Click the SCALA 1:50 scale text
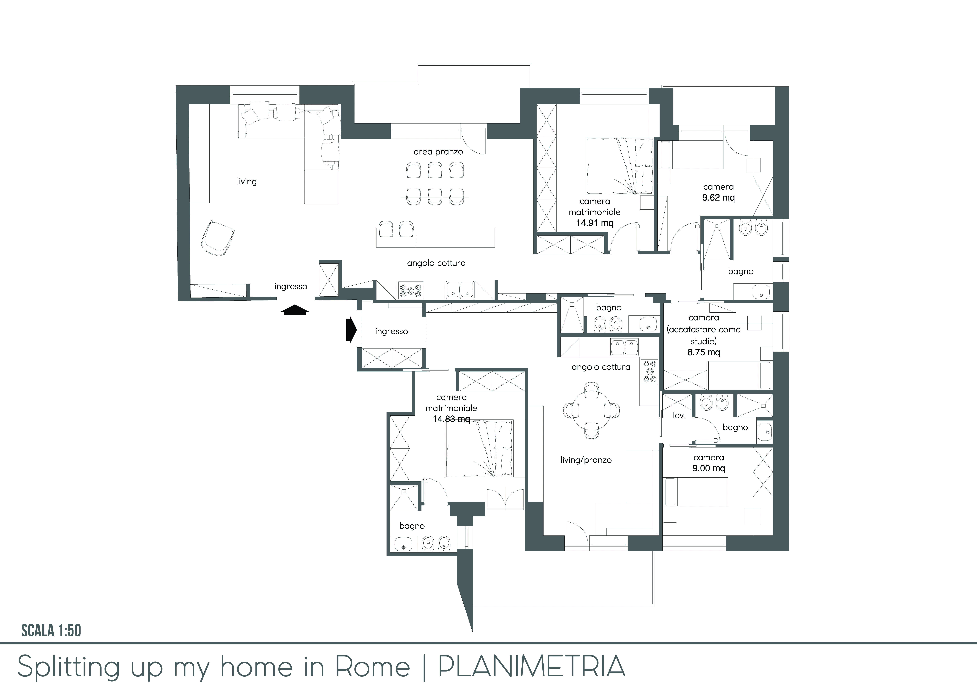pyautogui.click(x=51, y=631)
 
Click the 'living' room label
pyautogui.click(x=247, y=182)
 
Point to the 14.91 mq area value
pyautogui.click(x=594, y=223)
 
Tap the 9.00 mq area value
pyautogui.click(x=709, y=468)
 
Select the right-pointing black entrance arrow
pyautogui.click(x=351, y=329)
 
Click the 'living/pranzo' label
pyautogui.click(x=586, y=460)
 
